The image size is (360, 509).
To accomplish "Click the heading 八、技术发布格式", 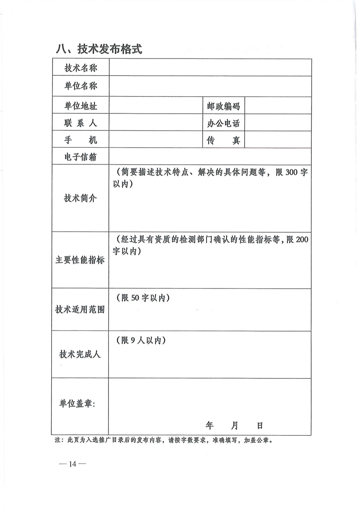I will (99, 49).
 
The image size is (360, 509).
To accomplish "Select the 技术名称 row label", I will (81, 68).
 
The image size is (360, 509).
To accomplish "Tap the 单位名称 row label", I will (81, 86).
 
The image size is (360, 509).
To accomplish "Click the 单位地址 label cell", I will (81, 106).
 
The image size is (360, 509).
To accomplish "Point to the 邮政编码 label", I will (223, 106).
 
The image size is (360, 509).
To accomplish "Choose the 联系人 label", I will (81, 123).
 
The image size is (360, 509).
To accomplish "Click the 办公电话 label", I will (223, 123).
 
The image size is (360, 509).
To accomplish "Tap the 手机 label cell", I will (81, 140).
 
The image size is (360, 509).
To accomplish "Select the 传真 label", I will (223, 140).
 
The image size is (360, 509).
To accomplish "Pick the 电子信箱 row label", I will (81, 157).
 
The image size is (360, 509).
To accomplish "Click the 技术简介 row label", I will (81, 198).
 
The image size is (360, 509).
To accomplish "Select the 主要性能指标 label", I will (80, 260).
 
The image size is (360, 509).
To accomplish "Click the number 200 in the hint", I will (302, 240).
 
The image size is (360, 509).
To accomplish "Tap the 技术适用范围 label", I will (80, 310).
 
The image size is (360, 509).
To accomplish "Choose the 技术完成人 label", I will (80, 354).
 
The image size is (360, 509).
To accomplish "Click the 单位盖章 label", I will (77, 404).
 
